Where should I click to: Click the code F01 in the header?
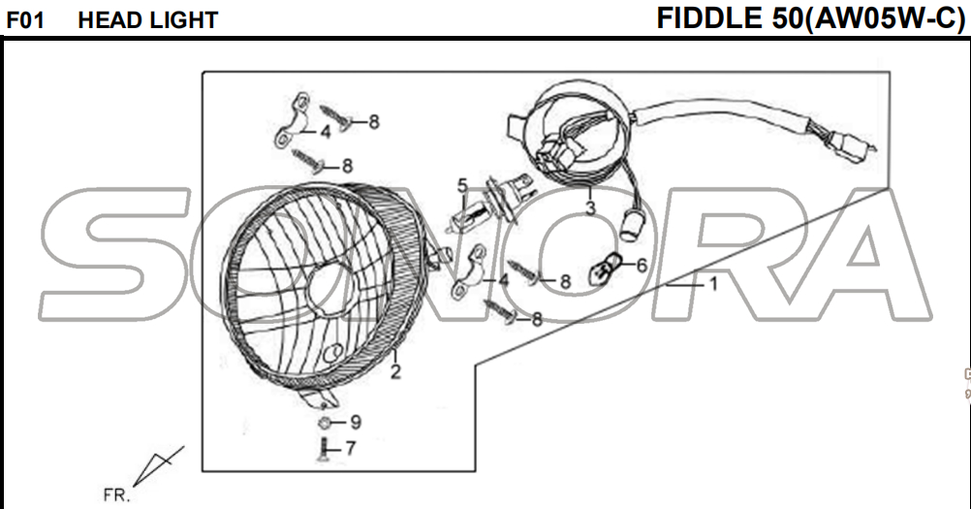tap(25, 20)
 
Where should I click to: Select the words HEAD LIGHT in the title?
tap(148, 20)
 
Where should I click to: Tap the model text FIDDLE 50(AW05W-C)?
tap(810, 18)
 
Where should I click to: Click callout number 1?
tap(713, 284)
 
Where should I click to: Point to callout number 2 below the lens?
tap(395, 371)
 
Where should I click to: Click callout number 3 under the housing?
tap(590, 207)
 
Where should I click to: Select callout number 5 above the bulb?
tap(462, 185)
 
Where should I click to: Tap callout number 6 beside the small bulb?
tap(642, 265)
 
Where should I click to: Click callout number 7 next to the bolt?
tap(351, 448)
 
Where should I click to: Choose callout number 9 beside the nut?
tap(356, 423)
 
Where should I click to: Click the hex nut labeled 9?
tap(324, 423)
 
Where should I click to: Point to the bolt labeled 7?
tap(324, 448)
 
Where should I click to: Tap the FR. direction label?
tap(116, 495)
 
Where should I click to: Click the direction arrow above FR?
tap(158, 465)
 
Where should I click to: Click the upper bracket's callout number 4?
tap(326, 132)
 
